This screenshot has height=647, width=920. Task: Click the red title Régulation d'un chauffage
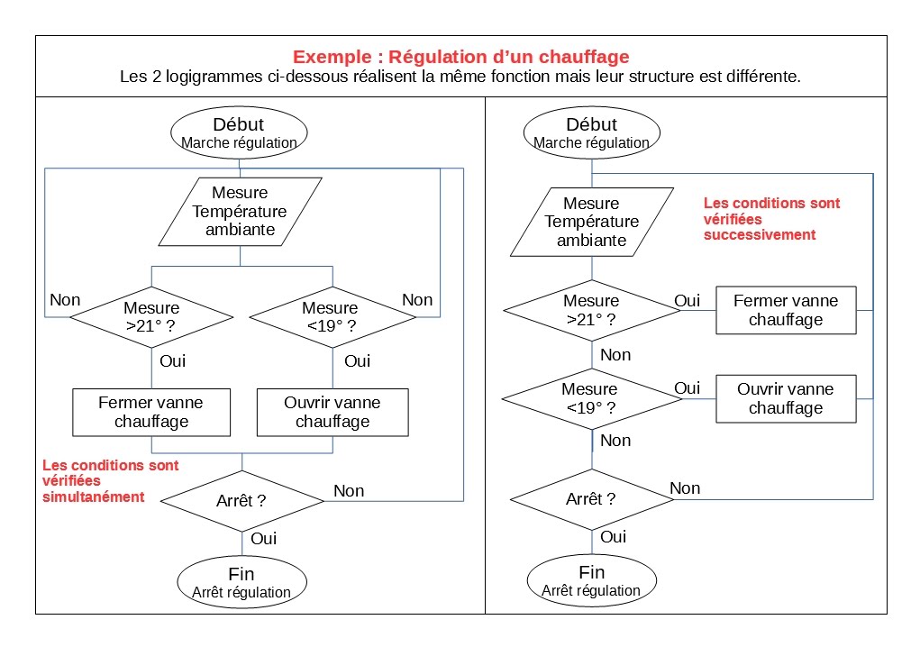click(x=460, y=57)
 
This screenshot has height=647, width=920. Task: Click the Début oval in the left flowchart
click(x=239, y=132)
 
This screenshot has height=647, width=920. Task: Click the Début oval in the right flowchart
click(x=591, y=132)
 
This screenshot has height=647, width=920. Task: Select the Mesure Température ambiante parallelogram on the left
click(x=240, y=212)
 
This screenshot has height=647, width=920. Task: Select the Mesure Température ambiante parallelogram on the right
click(x=591, y=222)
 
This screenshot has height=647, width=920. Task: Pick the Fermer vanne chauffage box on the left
click(x=151, y=412)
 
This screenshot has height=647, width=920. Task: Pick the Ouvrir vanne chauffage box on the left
click(x=332, y=412)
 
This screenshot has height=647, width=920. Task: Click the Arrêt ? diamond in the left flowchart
click(x=241, y=500)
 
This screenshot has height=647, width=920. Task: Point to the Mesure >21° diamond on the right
click(x=591, y=310)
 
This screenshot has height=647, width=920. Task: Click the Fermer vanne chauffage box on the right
click(x=786, y=310)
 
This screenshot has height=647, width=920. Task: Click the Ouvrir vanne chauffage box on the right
click(x=786, y=398)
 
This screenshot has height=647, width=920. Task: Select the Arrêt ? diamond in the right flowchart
click(x=591, y=499)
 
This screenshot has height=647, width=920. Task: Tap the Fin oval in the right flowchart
click(x=591, y=580)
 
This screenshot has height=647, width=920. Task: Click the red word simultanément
click(x=94, y=497)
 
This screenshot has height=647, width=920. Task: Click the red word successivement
click(x=759, y=234)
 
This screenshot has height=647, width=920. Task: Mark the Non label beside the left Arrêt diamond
click(x=349, y=491)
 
